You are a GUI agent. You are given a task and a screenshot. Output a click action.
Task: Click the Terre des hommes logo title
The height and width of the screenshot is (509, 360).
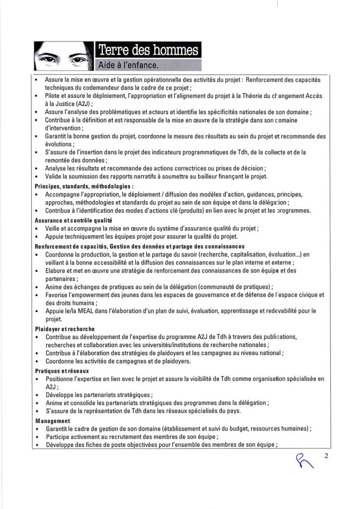point(148,50)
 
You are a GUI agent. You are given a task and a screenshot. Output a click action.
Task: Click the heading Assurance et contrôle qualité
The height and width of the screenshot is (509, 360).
point(73,220)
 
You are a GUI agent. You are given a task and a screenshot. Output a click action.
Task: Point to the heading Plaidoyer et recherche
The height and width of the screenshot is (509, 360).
point(65,329)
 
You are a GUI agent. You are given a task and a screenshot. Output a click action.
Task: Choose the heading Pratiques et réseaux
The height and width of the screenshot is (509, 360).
point(62,371)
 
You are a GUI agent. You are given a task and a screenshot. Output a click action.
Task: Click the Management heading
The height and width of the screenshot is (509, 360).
point(53,421)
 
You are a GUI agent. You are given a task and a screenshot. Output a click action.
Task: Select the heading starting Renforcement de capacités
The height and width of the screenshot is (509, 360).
point(139,247)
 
